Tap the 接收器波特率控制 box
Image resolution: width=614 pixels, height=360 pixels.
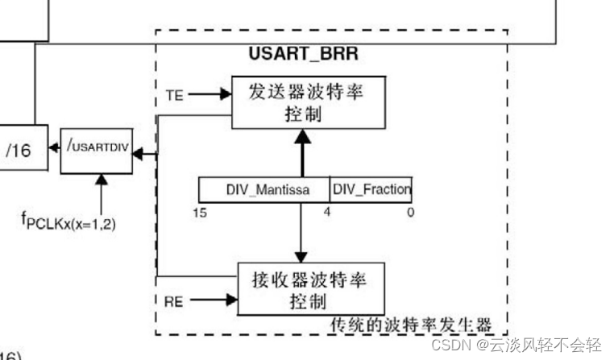(310, 291)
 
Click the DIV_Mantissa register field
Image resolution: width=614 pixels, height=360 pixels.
(263, 189)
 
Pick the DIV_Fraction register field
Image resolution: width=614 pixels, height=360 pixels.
(371, 189)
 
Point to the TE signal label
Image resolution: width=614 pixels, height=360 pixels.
(174, 94)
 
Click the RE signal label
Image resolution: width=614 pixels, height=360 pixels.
(174, 302)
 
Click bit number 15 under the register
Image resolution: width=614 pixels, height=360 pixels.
(199, 212)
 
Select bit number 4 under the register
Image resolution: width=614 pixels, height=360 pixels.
(327, 212)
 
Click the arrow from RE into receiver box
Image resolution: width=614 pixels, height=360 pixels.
(213, 302)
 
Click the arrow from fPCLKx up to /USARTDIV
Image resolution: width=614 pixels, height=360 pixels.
(102, 190)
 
